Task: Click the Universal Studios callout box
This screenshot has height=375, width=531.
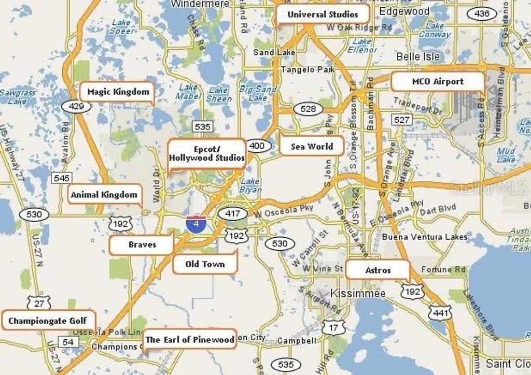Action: (x=323, y=15)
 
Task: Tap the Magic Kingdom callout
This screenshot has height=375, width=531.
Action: (x=118, y=92)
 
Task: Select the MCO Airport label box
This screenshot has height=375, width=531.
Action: (x=438, y=81)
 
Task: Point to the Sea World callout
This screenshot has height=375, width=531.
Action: (x=312, y=146)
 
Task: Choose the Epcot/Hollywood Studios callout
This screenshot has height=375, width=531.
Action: (x=206, y=154)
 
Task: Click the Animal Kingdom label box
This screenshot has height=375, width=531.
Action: (x=104, y=195)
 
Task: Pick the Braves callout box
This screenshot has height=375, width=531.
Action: (x=142, y=244)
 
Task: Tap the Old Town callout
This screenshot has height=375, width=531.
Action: (x=205, y=264)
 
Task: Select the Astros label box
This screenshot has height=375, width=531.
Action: (x=378, y=270)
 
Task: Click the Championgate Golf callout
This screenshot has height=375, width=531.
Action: (x=47, y=321)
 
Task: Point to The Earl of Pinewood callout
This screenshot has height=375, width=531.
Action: (x=190, y=339)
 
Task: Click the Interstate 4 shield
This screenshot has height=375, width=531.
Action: (x=195, y=224)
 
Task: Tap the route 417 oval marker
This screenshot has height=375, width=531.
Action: (x=229, y=213)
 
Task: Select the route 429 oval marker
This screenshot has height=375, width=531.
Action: (x=76, y=107)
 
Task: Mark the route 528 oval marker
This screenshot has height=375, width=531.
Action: (x=308, y=109)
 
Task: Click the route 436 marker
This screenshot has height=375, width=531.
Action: (x=482, y=14)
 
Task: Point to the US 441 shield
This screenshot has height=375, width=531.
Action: (x=440, y=312)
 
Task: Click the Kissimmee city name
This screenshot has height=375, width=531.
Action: (x=358, y=294)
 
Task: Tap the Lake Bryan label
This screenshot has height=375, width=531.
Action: (x=250, y=185)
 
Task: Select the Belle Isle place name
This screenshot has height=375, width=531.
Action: (x=418, y=56)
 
